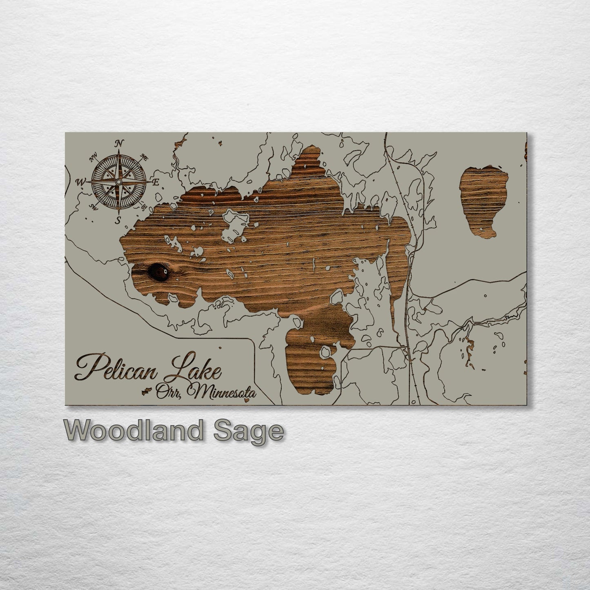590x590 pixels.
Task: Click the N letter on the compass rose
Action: point(119,143)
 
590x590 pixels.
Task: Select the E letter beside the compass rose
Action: point(156,183)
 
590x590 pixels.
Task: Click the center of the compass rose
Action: point(119,181)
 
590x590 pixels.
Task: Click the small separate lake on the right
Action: point(483,199)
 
